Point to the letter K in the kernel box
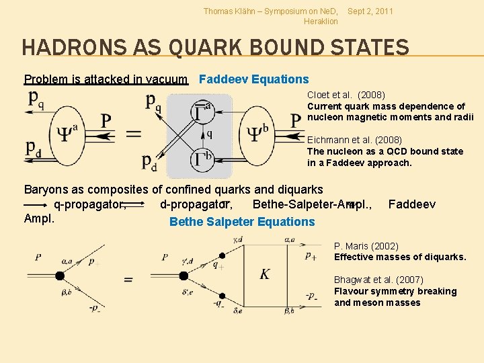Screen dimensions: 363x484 point(265,274)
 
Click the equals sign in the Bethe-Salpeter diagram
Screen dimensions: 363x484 point(128,279)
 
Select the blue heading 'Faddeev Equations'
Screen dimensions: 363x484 point(254,79)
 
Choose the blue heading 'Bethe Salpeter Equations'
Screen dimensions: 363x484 point(242,222)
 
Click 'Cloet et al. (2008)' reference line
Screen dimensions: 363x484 point(346,95)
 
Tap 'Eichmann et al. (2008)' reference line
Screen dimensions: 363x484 point(355,140)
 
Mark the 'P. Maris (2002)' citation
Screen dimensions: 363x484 point(366,247)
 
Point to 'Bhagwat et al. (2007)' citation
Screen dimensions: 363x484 point(378,280)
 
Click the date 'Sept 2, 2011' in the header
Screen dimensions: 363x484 point(370,11)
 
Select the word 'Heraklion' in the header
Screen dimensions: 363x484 point(321,22)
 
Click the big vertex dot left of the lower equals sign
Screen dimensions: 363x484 point(60,276)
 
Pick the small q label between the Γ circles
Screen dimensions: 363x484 point(209,134)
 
